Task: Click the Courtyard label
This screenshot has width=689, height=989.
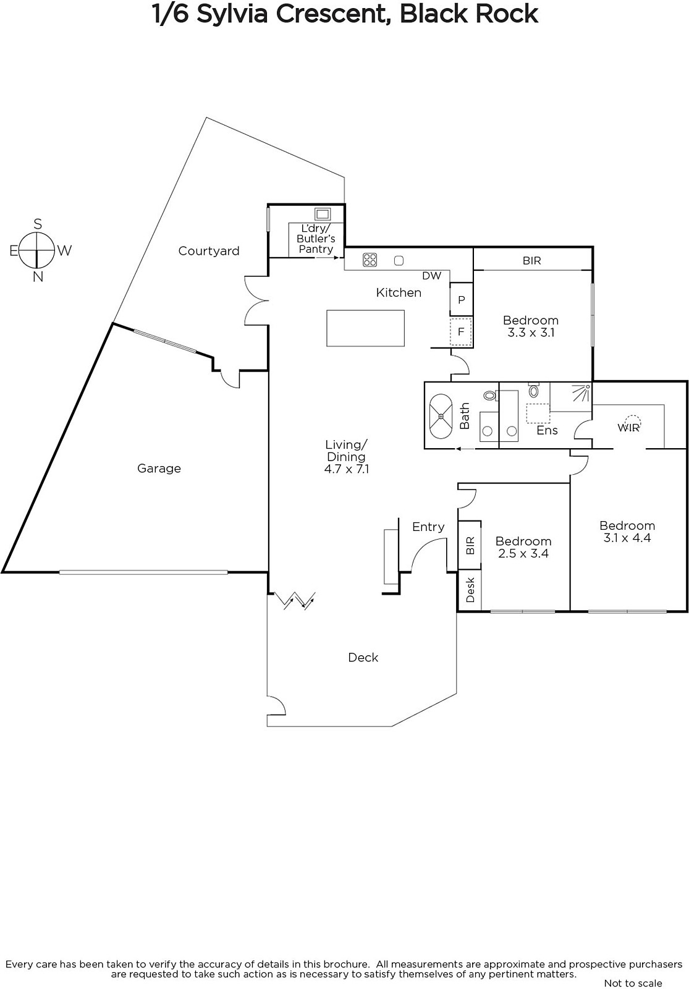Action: [x=209, y=251]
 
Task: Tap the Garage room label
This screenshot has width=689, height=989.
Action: [x=159, y=469]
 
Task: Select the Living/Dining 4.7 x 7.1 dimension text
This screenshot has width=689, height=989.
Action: [x=347, y=469]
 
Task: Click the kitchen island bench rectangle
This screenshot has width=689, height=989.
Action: [x=365, y=328]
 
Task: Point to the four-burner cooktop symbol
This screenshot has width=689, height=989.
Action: [x=370, y=260]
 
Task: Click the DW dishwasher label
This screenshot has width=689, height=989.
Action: [x=432, y=276]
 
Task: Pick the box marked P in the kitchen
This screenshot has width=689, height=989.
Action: [x=461, y=300]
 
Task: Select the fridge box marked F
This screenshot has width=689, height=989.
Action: [x=461, y=331]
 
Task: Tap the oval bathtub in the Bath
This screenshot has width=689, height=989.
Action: [x=441, y=416]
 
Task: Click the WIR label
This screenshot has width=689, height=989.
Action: [x=628, y=427]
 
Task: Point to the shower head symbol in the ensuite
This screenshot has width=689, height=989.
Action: [x=581, y=392]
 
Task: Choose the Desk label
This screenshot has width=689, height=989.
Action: [x=470, y=590]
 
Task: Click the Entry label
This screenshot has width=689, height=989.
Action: [x=428, y=527]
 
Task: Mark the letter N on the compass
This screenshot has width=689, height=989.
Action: [x=38, y=278]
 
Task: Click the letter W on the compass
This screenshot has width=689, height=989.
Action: [x=64, y=251]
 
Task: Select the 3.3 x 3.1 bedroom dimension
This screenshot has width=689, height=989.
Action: [x=531, y=333]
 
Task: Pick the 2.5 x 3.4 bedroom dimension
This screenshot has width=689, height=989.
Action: [x=523, y=553]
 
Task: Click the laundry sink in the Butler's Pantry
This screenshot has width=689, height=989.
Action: [x=322, y=214]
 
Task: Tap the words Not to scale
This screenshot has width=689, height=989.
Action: [x=633, y=983]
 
